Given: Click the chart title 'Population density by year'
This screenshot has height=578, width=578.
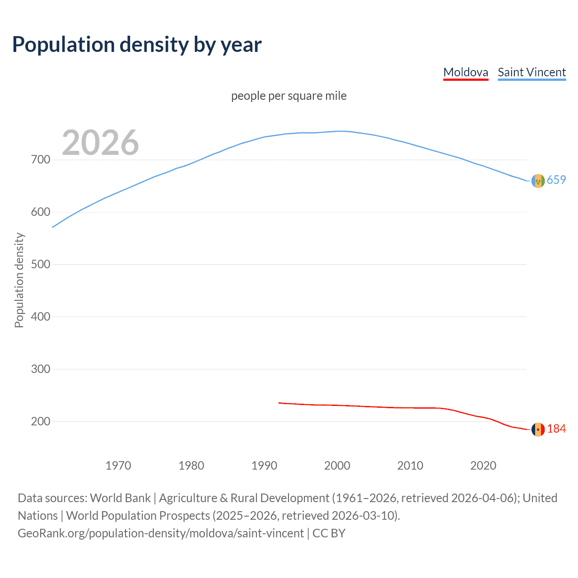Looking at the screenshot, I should point(137,45).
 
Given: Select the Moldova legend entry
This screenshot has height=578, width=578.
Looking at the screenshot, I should point(466,72).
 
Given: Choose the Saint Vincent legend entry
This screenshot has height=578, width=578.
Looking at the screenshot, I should point(531,72).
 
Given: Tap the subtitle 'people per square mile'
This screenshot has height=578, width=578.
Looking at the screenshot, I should point(289,96).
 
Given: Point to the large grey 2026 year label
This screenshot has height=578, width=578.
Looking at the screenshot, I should point(100,143).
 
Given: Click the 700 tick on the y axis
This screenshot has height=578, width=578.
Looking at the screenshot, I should point(41,160).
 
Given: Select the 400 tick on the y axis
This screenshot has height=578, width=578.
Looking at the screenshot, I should point(41,317).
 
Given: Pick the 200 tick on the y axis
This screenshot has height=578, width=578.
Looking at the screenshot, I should point(41,421).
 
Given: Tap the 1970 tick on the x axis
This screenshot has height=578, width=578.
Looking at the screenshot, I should point(118,466).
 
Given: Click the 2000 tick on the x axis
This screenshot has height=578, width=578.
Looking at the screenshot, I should point(337,466).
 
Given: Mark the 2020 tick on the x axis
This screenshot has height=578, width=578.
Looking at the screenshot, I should point(483,466).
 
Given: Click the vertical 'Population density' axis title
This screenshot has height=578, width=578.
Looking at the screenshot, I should point(19,280).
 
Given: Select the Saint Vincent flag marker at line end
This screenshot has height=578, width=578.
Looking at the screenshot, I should point(538,181).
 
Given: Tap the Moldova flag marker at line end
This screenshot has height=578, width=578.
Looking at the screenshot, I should point(538,429).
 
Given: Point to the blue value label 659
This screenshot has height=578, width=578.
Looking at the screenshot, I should point(556,180).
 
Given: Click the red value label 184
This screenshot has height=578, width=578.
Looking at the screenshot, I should point(556,429).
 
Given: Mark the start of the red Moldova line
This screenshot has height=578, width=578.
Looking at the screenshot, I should point(280,403).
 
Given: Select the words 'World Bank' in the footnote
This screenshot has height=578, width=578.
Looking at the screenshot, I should point(120,498).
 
